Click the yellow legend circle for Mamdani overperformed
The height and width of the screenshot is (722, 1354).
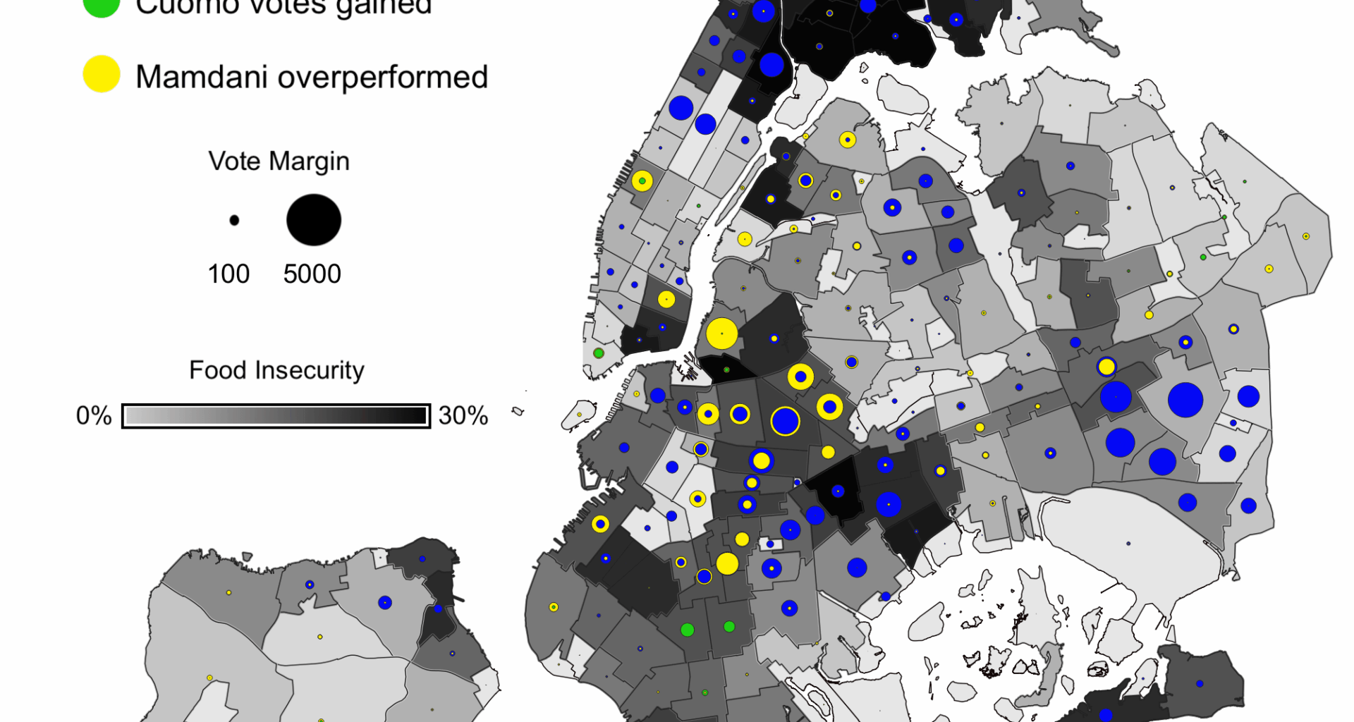(102, 74)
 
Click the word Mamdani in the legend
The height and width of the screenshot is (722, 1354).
(202, 77)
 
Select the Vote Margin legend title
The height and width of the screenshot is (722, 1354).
(279, 161)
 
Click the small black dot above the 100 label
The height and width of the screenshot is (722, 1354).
(234, 221)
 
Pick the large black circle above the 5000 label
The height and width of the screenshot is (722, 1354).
(314, 220)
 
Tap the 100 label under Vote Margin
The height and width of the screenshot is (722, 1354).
(228, 274)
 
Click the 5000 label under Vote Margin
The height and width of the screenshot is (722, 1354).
(312, 274)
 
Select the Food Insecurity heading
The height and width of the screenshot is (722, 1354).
(276, 370)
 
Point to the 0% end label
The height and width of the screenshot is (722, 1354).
(94, 416)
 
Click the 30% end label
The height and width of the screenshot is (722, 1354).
(463, 416)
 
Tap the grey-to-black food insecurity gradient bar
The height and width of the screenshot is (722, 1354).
(276, 416)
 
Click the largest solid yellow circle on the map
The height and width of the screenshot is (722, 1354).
(721, 334)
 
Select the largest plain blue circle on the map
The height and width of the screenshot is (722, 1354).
(1185, 400)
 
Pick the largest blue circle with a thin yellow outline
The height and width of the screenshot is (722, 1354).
(785, 422)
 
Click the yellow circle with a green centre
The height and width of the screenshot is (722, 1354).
(642, 181)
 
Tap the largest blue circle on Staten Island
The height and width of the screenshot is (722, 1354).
(384, 602)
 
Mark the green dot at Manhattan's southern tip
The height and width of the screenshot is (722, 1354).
(599, 353)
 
